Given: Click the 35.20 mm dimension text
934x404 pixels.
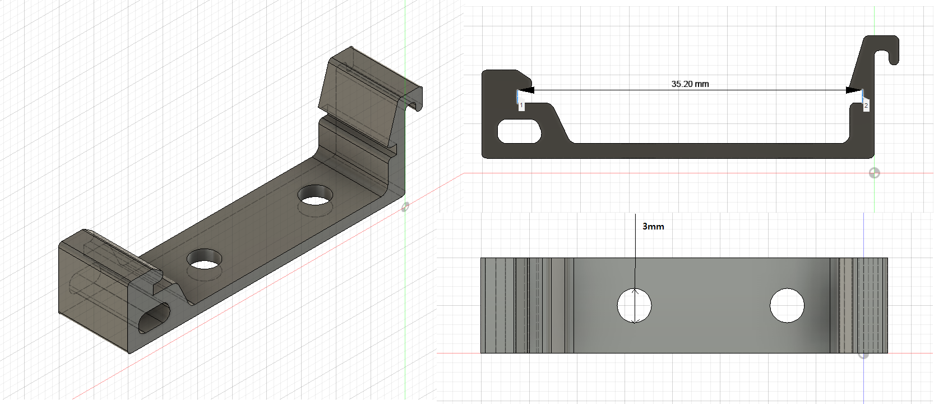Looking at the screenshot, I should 690,84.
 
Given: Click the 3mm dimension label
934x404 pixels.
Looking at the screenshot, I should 653,227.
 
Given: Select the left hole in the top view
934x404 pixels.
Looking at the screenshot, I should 635,306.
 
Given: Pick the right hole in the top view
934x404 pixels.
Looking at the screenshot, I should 787,306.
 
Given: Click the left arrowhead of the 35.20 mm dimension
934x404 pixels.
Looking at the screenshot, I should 527,90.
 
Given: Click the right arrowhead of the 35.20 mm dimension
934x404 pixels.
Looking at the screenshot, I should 853,90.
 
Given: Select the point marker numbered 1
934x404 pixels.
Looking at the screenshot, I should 521,105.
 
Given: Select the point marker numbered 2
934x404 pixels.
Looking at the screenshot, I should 866,105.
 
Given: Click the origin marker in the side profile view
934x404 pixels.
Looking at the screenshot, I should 874,173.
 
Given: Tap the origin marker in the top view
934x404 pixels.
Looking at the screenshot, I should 863,354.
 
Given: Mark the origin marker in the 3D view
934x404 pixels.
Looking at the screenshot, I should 405,207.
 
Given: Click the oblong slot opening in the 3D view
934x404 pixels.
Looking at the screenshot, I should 153,319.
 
